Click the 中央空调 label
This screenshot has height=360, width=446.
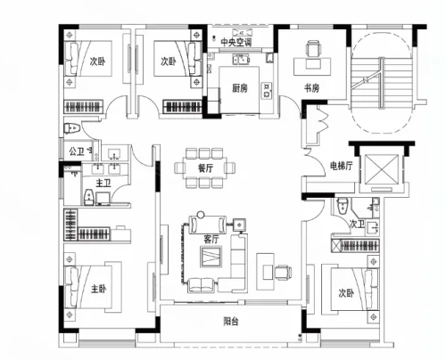pyautogui.click(x=236, y=42)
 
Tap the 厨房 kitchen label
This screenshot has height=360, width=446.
pyautogui.click(x=240, y=88)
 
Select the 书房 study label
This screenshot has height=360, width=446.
pyautogui.click(x=311, y=88)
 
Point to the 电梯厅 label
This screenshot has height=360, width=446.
pyautogui.click(x=342, y=166)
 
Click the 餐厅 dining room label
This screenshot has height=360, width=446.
pyautogui.click(x=205, y=168)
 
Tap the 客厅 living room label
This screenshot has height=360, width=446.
pyautogui.click(x=211, y=239)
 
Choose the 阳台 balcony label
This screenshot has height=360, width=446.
pyautogui.click(x=231, y=322)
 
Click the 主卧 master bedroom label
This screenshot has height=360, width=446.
pyautogui.click(x=98, y=289)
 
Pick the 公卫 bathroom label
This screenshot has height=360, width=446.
pyautogui.click(x=77, y=151)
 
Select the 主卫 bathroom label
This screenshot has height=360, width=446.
pyautogui.click(x=103, y=183)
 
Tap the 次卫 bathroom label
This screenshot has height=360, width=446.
pyautogui.click(x=357, y=224)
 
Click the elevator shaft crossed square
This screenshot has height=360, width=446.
pyautogui.click(x=381, y=169)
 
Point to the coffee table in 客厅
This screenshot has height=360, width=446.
pyautogui.click(x=211, y=257)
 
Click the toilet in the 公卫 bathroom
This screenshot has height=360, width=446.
pyautogui.click(x=72, y=128)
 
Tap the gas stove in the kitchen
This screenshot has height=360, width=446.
pyautogui.click(x=267, y=90)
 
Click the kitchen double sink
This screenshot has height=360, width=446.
pyautogui.click(x=241, y=59)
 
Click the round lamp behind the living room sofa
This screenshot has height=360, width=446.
pyautogui.click(x=201, y=214)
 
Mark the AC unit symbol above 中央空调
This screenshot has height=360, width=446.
pyautogui.click(x=242, y=32)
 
